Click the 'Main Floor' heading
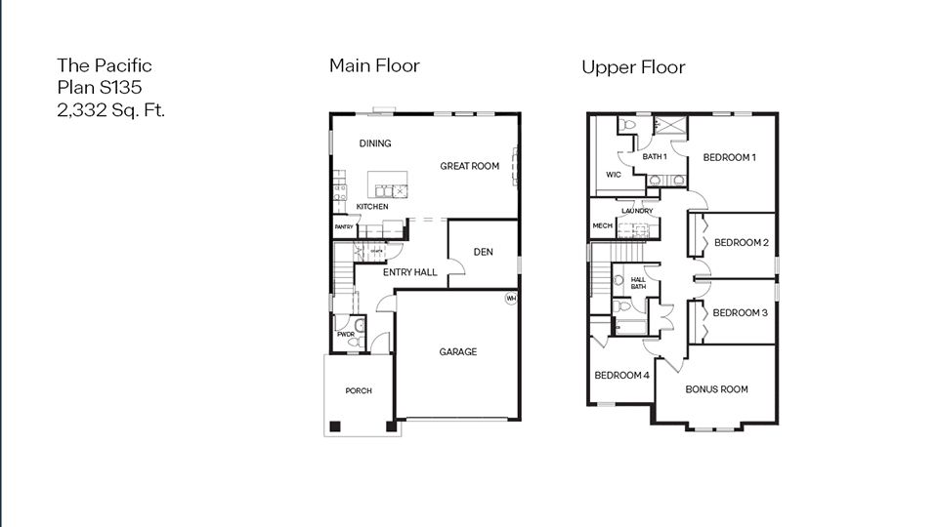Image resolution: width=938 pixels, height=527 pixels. tap(374, 65)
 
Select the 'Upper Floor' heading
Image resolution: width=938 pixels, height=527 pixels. tap(633, 67)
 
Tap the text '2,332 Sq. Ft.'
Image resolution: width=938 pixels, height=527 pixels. tap(111, 109)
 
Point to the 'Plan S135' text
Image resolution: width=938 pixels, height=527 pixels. tap(100, 88)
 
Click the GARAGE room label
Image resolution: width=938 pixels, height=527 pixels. tap(457, 352)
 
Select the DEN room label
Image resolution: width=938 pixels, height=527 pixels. tap(483, 252)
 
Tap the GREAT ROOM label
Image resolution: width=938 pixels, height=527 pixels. tap(469, 166)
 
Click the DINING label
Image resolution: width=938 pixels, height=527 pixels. tap(374, 143)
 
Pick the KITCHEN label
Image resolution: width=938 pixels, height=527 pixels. tap(371, 207)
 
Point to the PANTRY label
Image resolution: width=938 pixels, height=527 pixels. tap(343, 227)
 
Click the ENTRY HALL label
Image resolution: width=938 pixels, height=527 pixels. tap(409, 272)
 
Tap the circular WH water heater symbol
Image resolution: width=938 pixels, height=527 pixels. tap(510, 299)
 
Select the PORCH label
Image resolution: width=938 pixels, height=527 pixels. tap(359, 391)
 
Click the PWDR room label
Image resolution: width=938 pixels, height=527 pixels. tap(345, 335)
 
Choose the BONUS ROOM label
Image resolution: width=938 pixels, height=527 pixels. tap(716, 389)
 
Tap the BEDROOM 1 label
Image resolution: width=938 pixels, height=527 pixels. tap(730, 157)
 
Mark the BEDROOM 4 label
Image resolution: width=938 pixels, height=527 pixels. tap(620, 376)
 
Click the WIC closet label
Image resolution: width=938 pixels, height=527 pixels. tap(614, 175)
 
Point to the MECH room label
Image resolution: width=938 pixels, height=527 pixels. tap(602, 225)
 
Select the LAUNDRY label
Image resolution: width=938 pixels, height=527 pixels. tap(636, 211)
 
